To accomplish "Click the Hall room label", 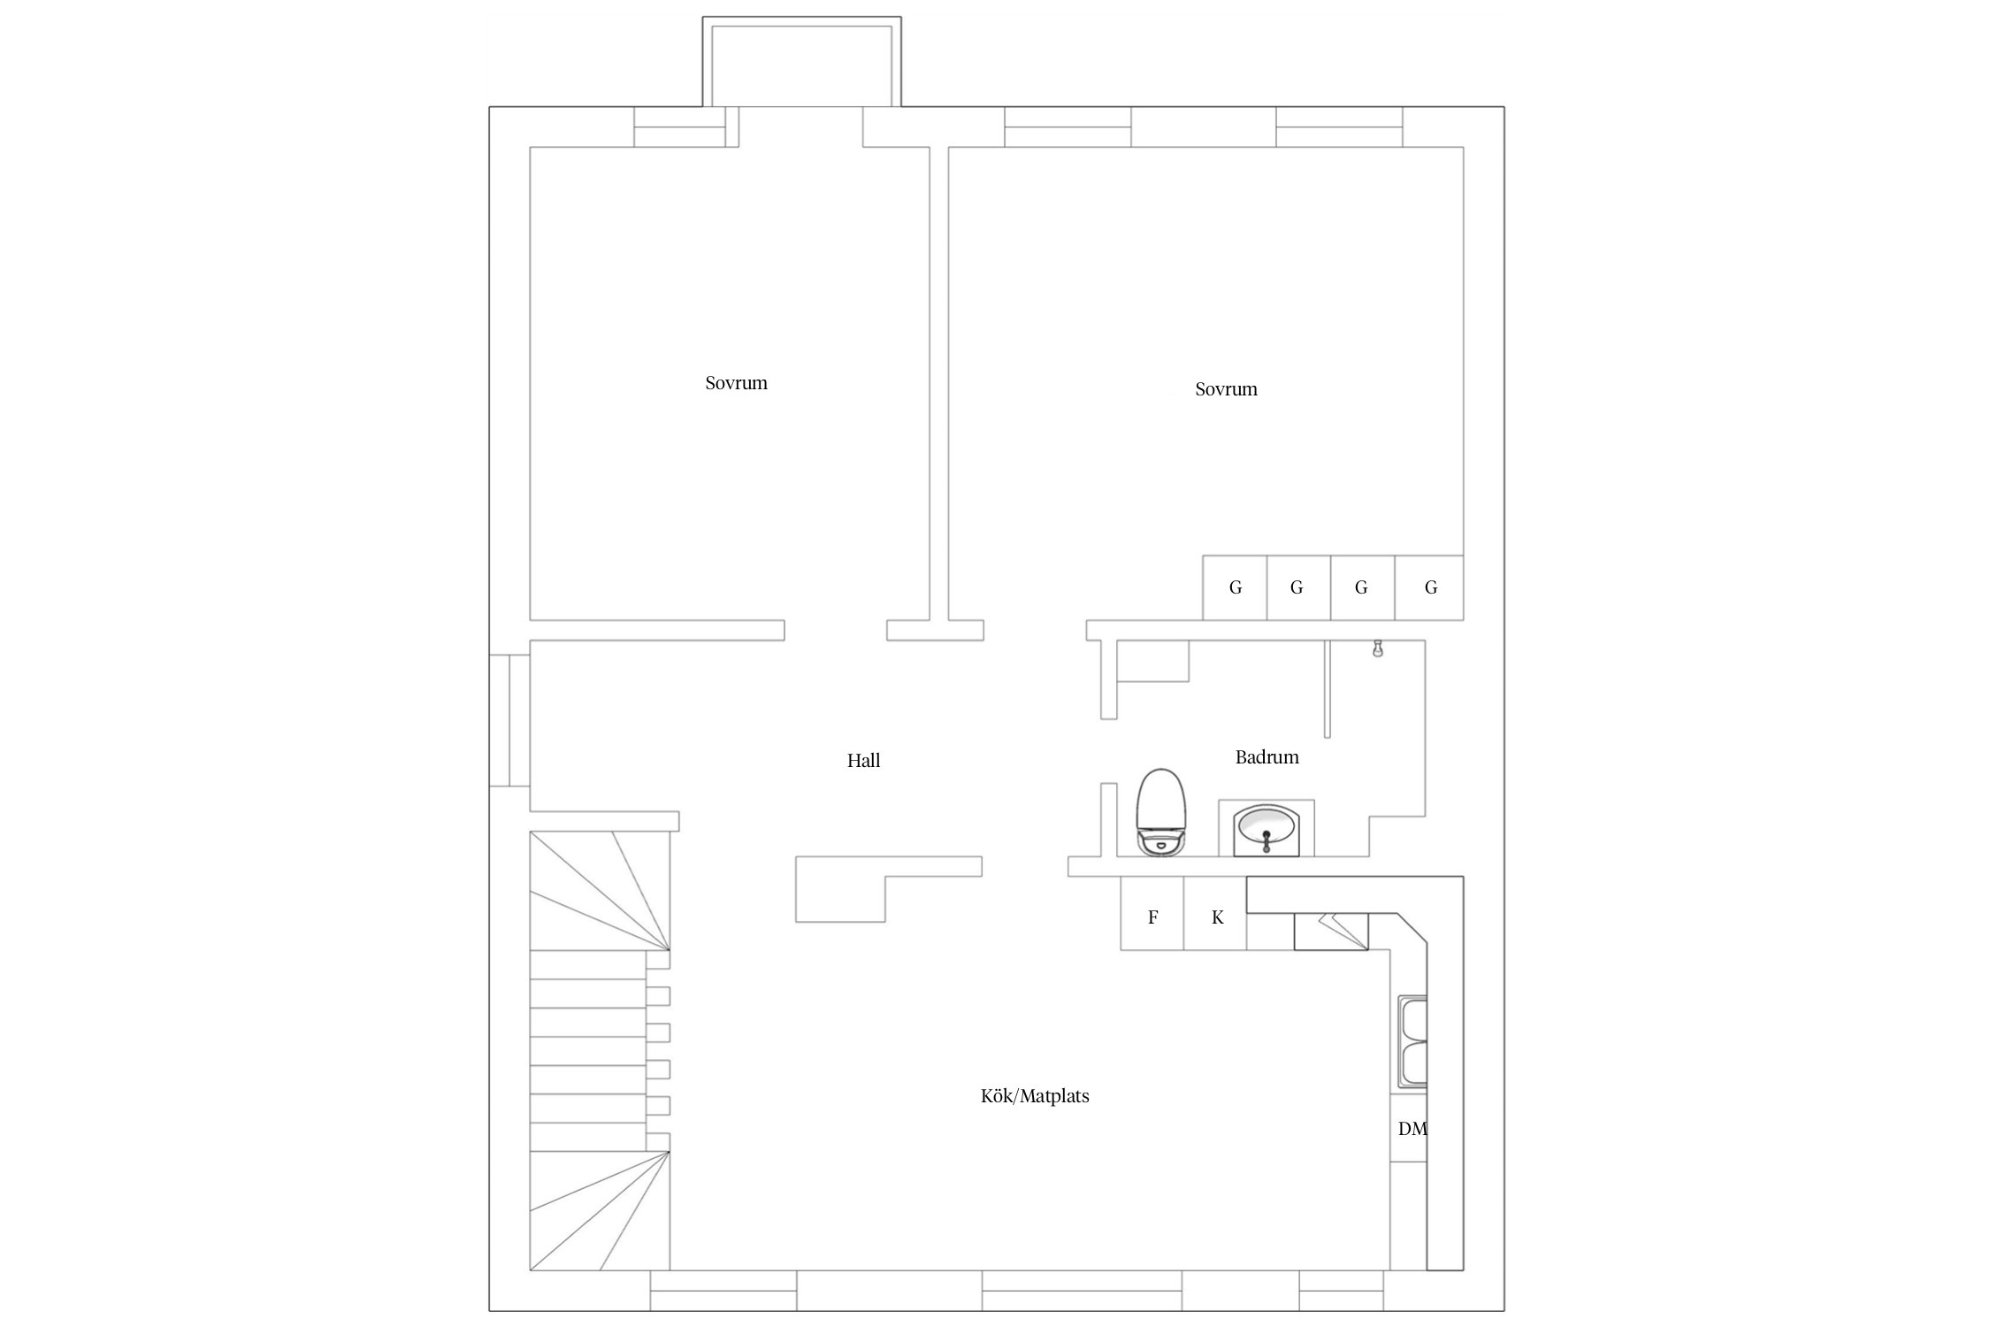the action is click(863, 761).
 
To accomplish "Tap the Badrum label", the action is click(1267, 757).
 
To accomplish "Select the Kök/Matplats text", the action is click(1035, 1096).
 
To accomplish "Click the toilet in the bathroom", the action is click(1160, 812).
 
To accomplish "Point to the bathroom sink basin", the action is click(1266, 828).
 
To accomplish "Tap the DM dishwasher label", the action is click(1412, 1129).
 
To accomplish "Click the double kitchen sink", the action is click(1412, 1042).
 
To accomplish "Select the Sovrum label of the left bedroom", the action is click(736, 383).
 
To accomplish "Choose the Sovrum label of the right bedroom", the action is click(1226, 389).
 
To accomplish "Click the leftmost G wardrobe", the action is click(1235, 587).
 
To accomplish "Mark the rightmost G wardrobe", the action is click(1429, 587).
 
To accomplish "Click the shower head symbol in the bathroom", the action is click(1377, 649).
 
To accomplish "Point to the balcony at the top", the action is click(802, 62).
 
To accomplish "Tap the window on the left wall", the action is click(510, 720).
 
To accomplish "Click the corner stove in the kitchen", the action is click(1331, 932).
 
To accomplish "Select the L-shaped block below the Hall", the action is click(884, 885).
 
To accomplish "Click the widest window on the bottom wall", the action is click(1082, 1291).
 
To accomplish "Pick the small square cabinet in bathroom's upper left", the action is click(1153, 661).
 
